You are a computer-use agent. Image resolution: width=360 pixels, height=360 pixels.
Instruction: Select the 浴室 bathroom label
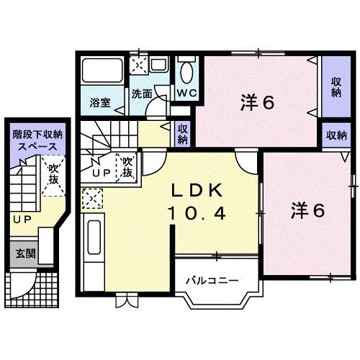click(100, 103)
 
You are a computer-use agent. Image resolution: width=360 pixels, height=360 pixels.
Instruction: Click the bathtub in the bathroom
click(100, 73)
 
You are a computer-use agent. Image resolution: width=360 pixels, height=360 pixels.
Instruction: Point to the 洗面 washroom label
click(141, 94)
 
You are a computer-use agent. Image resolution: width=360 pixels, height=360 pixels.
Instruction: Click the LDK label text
click(199, 192)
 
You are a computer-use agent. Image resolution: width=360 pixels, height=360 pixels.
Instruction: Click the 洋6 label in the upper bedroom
click(257, 103)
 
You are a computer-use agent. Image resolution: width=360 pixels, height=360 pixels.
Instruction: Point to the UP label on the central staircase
click(101, 173)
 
